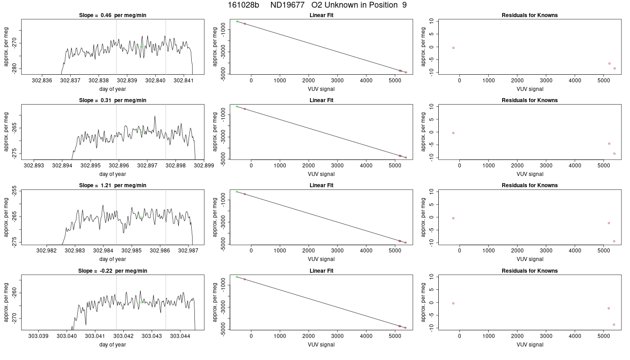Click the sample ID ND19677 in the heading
pos(287,5)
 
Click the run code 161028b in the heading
pos(243,5)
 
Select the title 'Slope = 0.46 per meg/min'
pos(112,15)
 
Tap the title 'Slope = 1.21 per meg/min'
pos(112,185)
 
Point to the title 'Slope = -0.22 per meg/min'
pos(112,271)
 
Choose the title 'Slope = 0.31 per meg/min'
pos(112,100)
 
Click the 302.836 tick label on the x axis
pos(42,81)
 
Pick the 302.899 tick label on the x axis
pos(204,166)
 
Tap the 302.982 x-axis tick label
pos(46,250)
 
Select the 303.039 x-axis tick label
pos(38,336)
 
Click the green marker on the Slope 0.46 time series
pos(141,47)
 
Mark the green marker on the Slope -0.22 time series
pos(141,302)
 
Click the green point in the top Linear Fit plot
pos(237,22)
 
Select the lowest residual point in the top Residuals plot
pos(615,68)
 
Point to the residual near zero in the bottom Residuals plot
pos(453,303)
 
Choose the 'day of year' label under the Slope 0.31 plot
pos(112,174)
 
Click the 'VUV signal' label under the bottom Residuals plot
pos(530,345)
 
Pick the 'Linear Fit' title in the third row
pos(321,185)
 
